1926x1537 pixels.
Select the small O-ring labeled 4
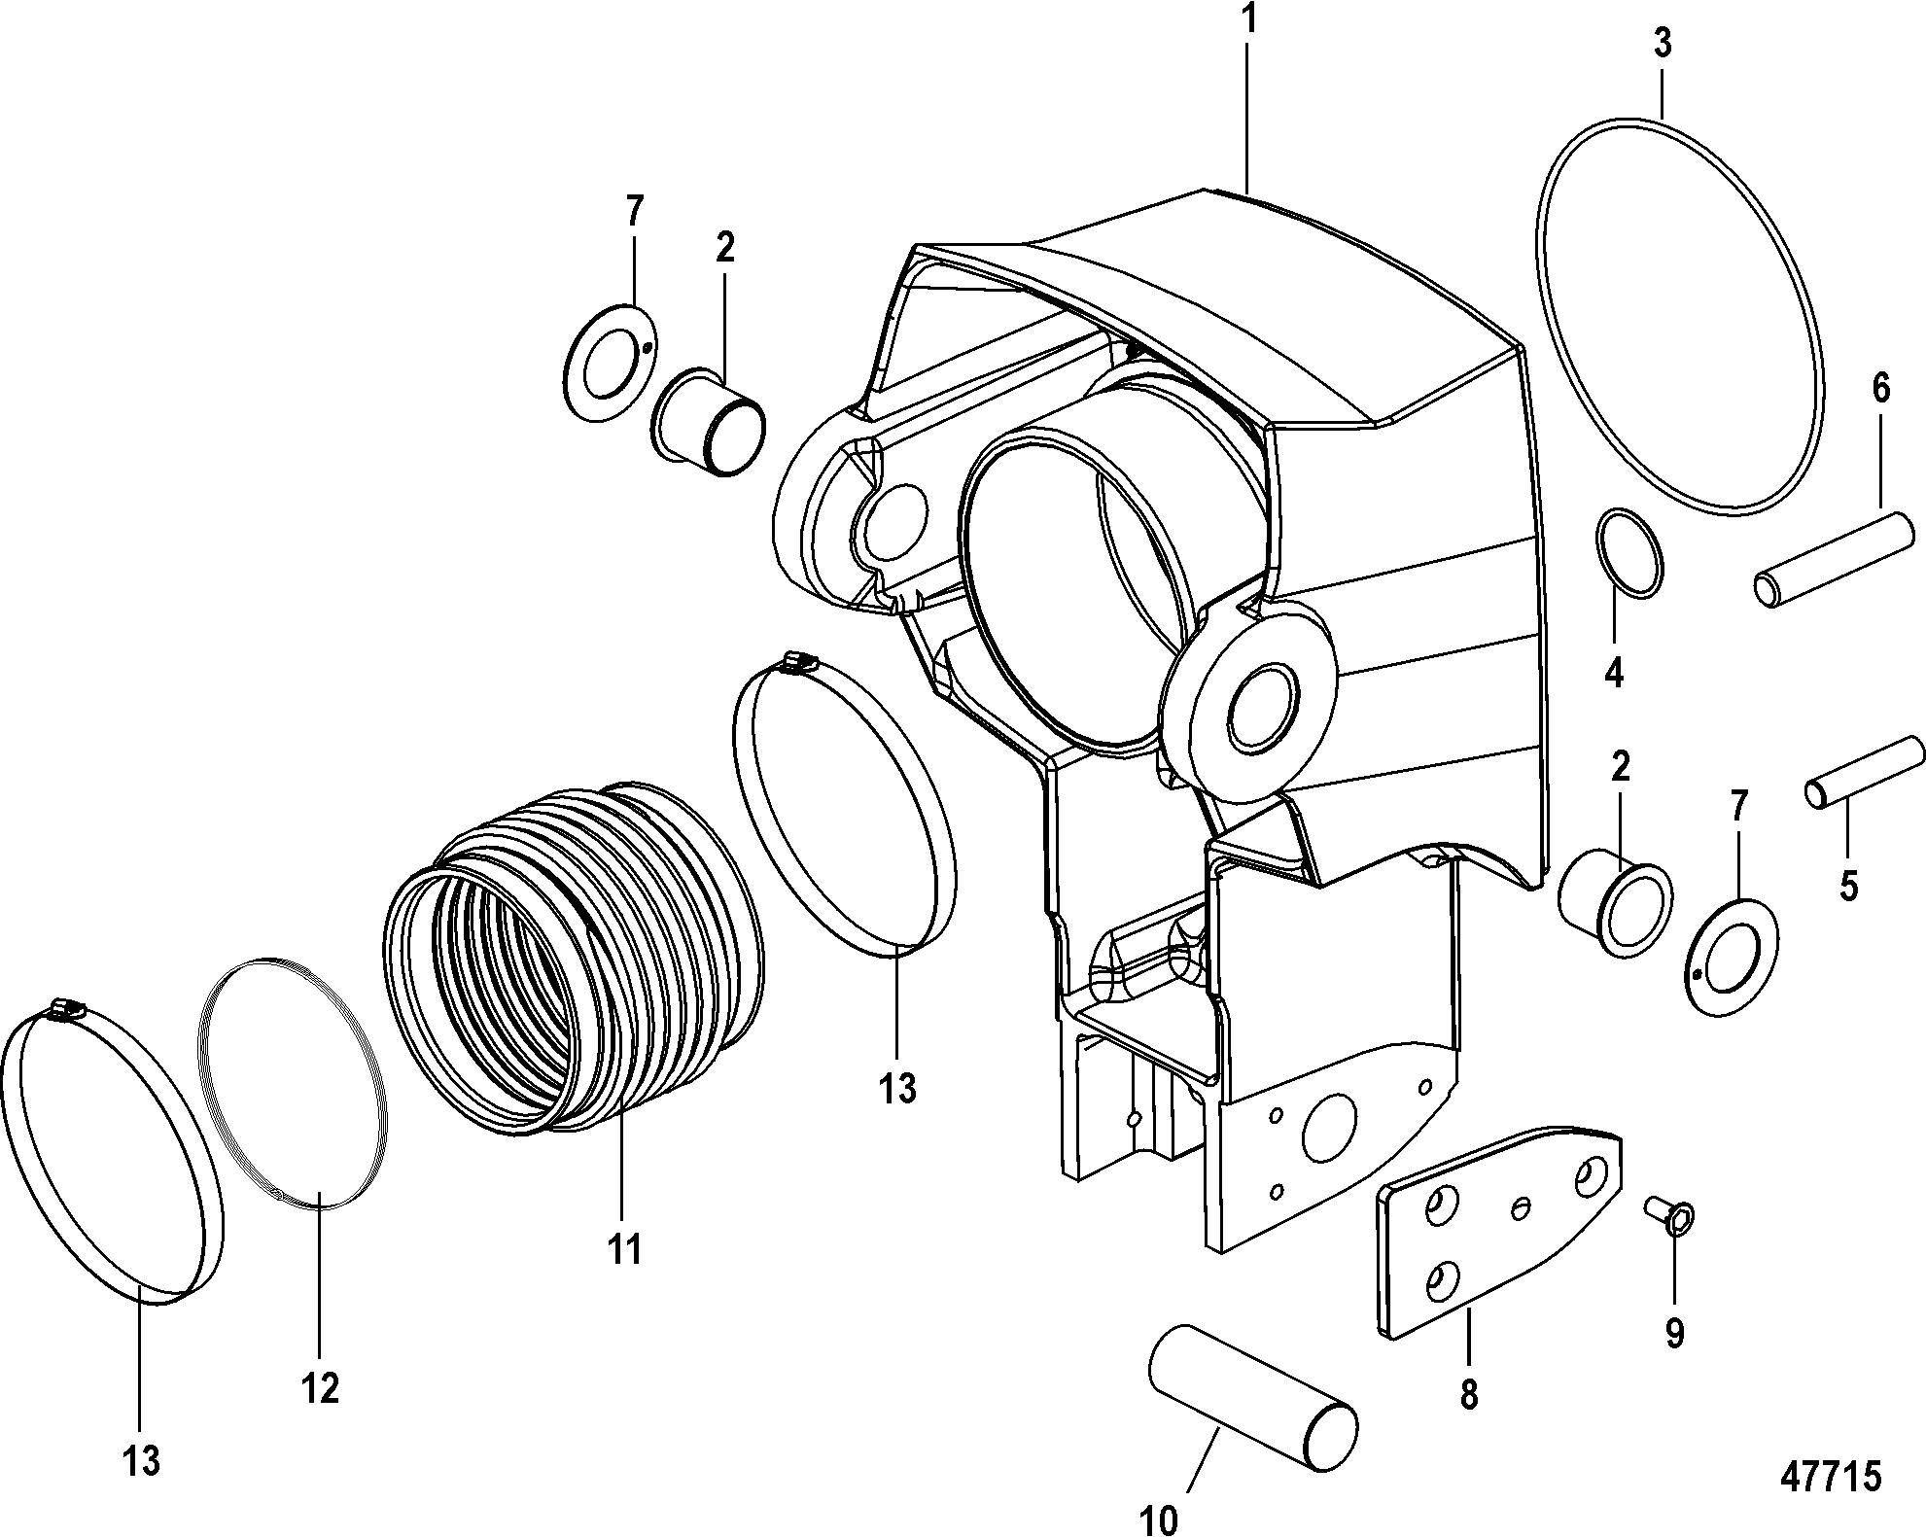point(1629,553)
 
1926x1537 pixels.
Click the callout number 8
point(1468,1395)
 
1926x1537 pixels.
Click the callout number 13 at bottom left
point(142,1460)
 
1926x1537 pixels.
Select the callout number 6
point(1880,390)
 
